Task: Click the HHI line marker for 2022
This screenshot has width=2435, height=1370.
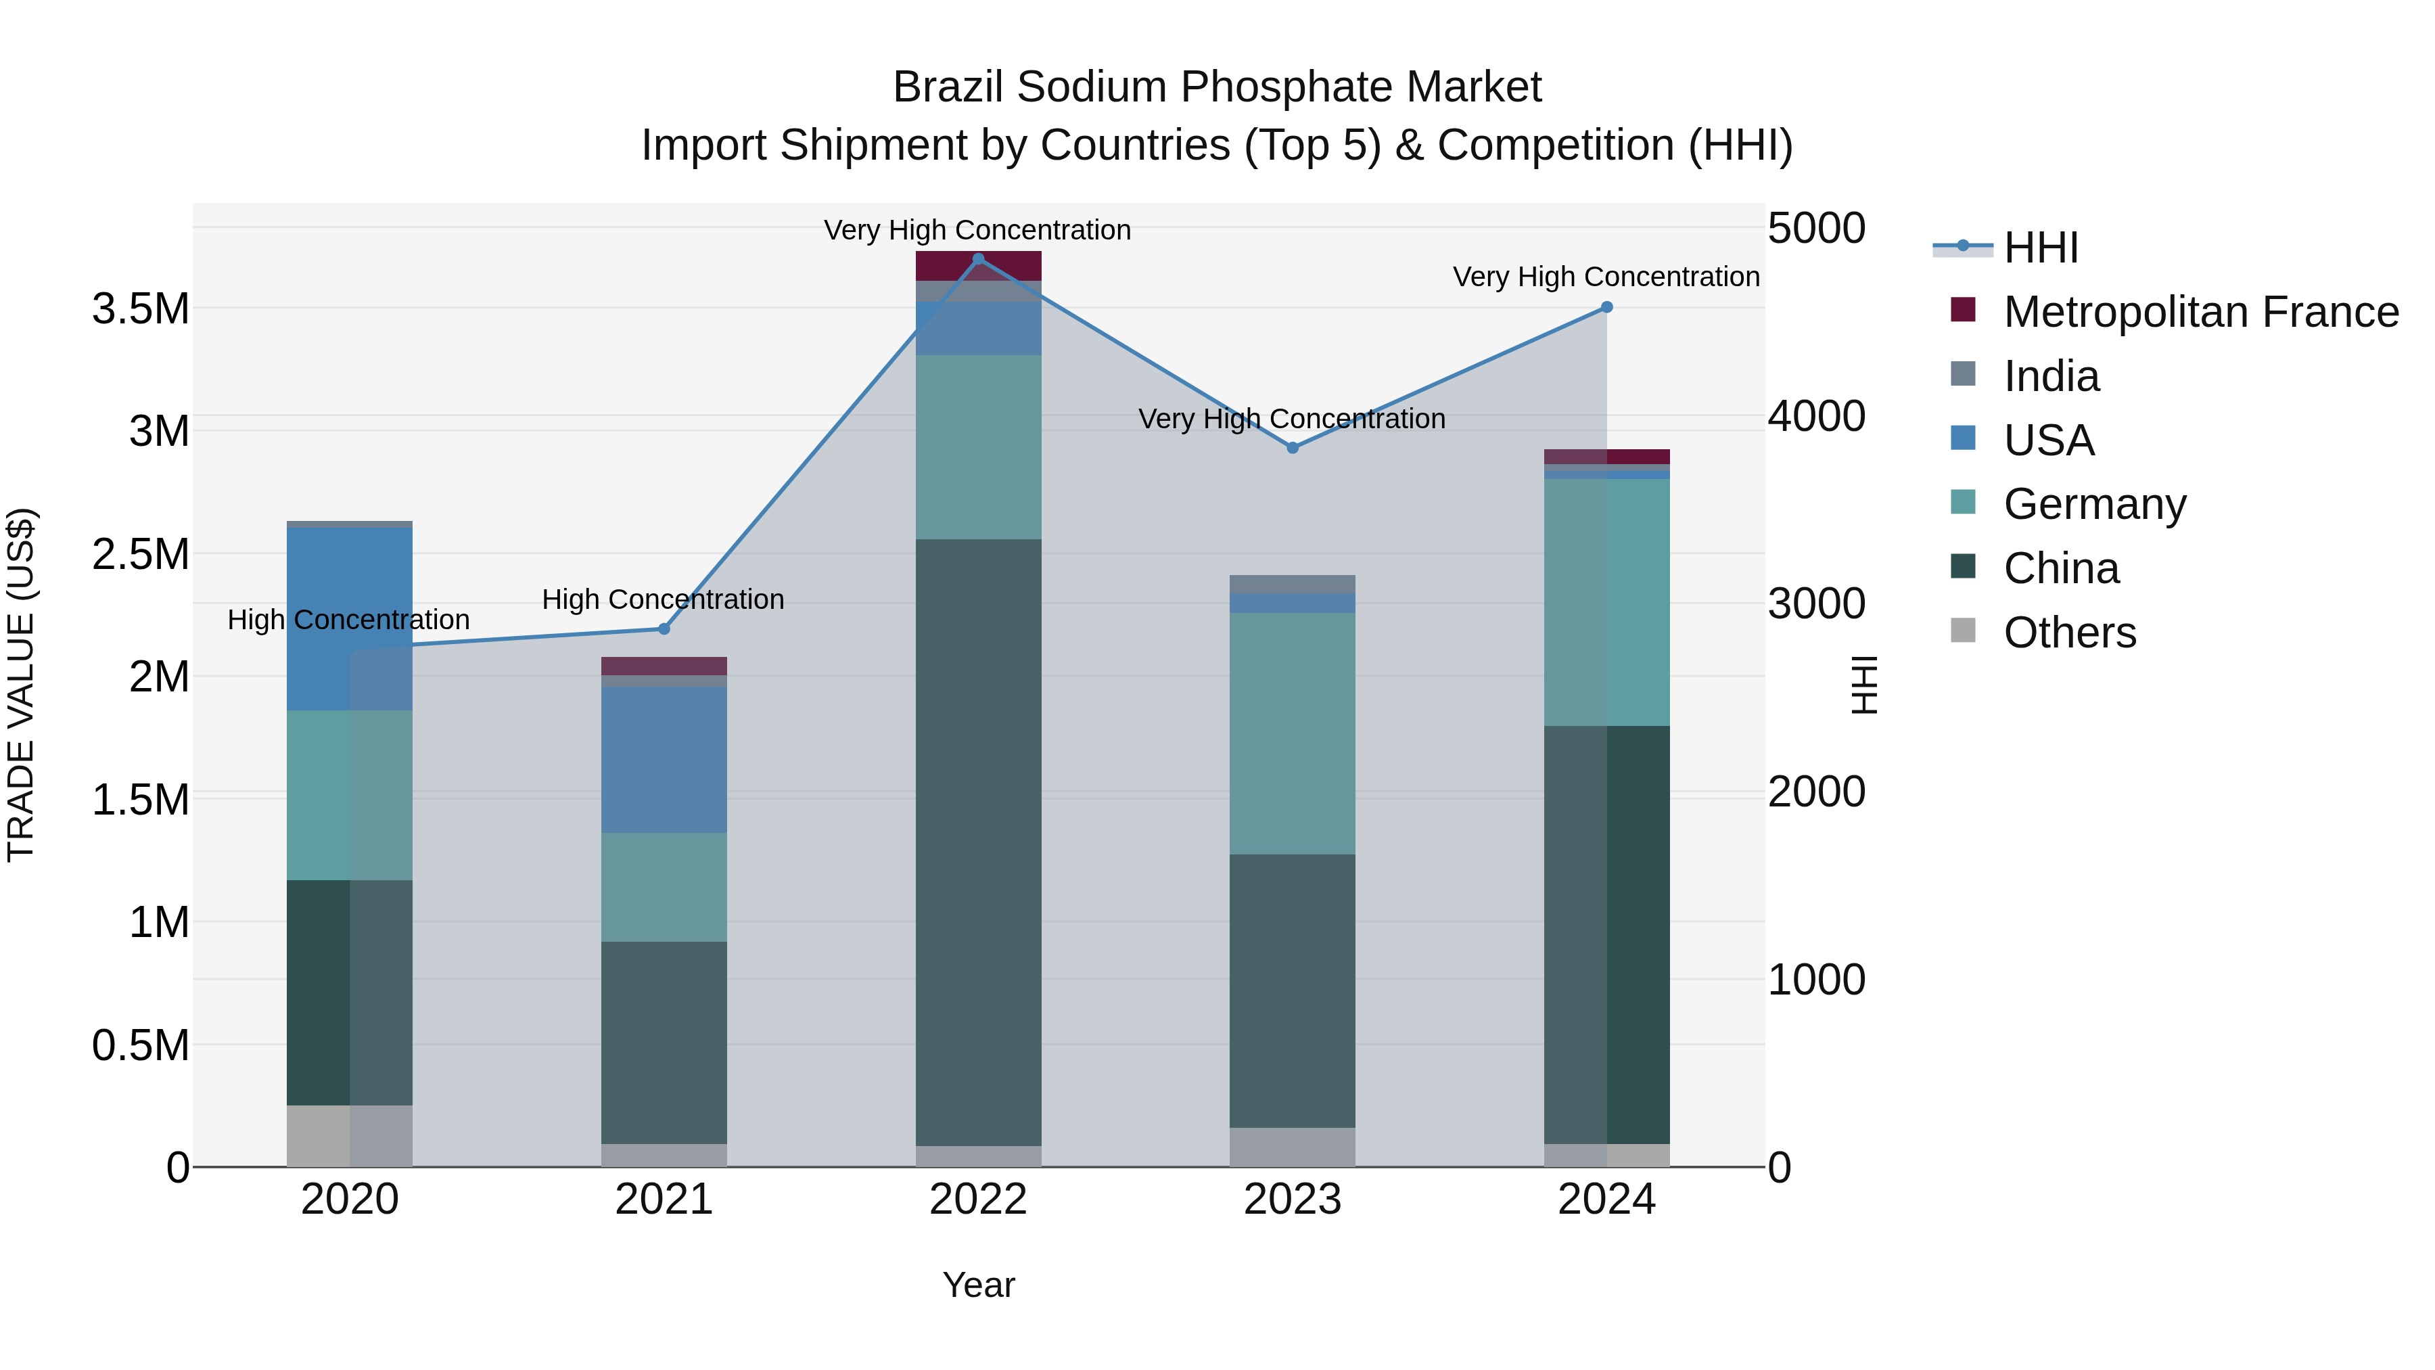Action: (978, 259)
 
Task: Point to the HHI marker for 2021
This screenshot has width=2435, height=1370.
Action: (664, 629)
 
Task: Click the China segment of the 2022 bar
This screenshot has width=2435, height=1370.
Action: (978, 842)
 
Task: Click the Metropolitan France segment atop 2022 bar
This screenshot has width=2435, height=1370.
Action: (978, 266)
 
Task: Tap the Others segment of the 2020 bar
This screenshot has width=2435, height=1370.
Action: (350, 1135)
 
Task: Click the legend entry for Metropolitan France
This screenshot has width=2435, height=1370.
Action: (2200, 312)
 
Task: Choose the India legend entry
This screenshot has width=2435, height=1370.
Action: (2051, 376)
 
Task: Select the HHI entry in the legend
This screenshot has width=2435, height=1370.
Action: (2040, 248)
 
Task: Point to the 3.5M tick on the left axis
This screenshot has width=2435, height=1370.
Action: (141, 309)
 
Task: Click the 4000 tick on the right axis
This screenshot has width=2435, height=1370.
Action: (1816, 416)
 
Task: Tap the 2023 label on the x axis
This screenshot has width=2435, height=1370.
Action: (1292, 1200)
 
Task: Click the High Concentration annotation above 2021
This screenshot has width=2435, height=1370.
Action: (663, 599)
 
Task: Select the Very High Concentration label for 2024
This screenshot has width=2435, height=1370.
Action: (1605, 277)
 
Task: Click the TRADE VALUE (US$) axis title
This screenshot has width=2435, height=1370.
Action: (21, 685)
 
